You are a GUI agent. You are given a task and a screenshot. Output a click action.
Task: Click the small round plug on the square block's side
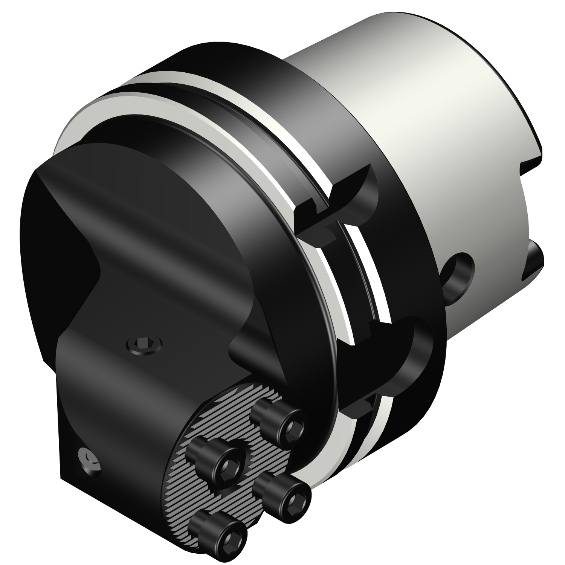click(90, 460)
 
